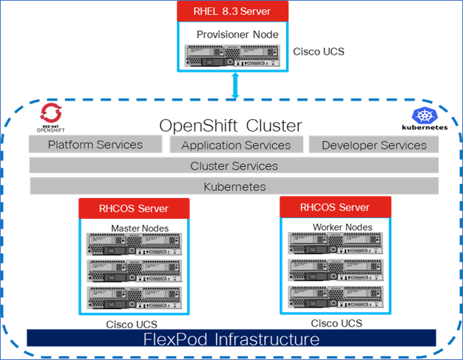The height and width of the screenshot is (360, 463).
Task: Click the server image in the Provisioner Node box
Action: coord(233,55)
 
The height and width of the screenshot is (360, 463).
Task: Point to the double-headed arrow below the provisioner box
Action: coord(236,86)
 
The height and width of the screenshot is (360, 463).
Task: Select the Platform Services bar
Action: coord(95,144)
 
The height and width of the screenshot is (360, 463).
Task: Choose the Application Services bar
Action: coord(236,145)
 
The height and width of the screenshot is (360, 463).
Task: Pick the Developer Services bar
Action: coord(374,145)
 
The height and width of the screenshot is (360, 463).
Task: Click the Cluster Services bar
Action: coord(234,166)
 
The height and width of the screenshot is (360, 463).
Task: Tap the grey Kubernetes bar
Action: coord(234,186)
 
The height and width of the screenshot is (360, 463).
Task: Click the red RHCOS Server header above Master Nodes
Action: coord(134,208)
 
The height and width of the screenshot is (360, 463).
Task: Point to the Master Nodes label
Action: coord(140,227)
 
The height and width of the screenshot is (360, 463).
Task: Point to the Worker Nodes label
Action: coord(341,225)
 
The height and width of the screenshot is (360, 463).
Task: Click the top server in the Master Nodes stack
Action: coord(134,243)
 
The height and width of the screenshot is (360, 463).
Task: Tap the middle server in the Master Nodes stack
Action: coord(134,269)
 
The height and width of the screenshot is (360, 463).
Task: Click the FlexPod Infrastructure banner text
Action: coord(231,339)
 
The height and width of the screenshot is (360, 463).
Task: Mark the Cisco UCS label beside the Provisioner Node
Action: coord(319,52)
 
